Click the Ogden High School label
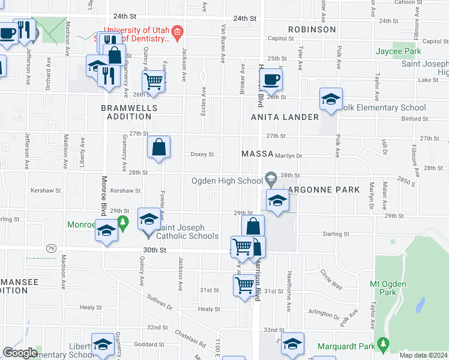point(227,181)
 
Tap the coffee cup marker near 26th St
point(271,80)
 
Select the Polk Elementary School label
point(384,108)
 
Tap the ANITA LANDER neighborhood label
point(285,117)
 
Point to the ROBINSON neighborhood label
point(312,29)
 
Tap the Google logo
point(20,353)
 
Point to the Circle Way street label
point(331,279)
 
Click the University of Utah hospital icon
point(177,31)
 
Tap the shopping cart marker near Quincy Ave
point(154,81)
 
